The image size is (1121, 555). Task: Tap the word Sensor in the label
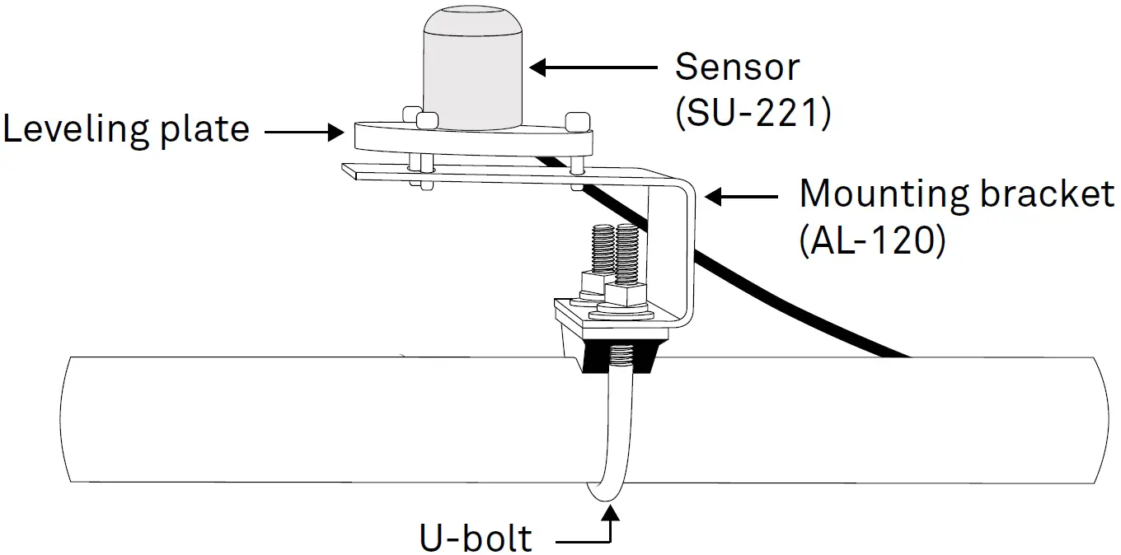coord(737,67)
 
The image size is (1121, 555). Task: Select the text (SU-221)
coord(752,114)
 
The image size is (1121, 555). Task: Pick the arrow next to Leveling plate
coord(304,131)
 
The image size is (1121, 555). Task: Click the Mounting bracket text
coord(956,195)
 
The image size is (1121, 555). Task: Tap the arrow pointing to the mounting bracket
coord(742,197)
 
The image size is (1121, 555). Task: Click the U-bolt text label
coord(476,538)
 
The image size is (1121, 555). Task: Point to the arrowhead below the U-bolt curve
coord(610,515)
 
